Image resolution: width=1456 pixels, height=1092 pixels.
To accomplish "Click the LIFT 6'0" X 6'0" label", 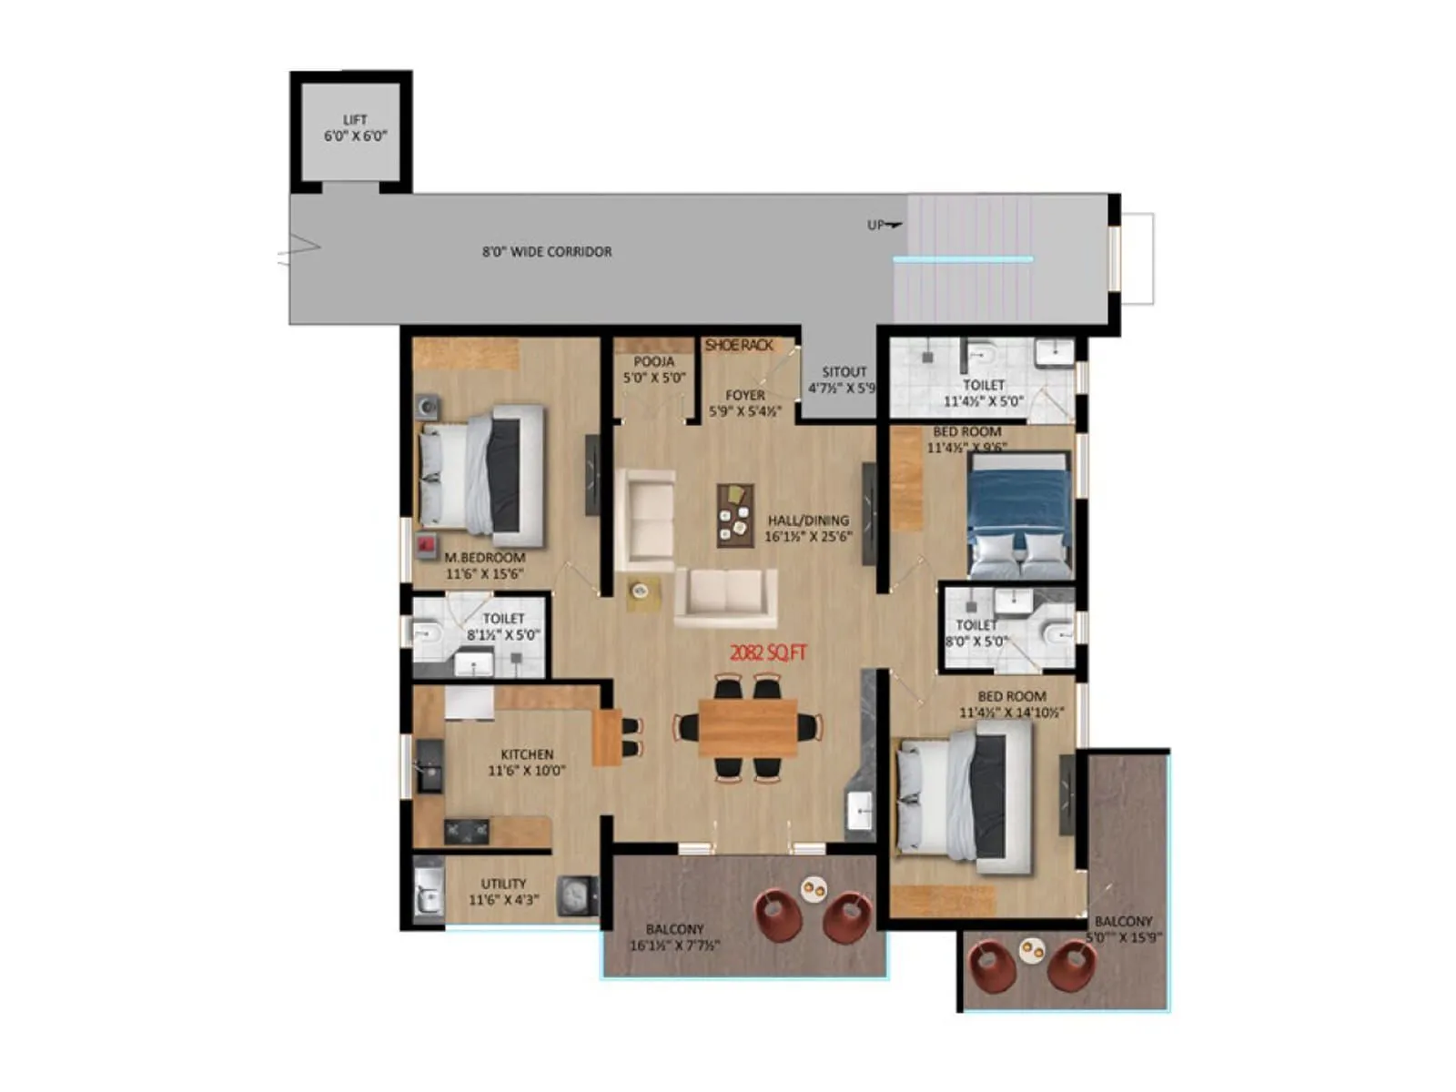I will pyautogui.click(x=355, y=127).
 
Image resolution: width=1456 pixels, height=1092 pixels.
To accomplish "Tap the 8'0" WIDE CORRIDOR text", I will pyautogui.click(x=547, y=251).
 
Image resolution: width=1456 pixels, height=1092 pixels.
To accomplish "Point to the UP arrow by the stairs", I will pyautogui.click(x=884, y=225).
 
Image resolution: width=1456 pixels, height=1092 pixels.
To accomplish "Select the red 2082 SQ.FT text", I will pyautogui.click(x=769, y=652).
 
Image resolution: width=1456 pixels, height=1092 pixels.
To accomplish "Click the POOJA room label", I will pyautogui.click(x=653, y=369).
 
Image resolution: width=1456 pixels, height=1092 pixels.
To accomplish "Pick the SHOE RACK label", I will pyautogui.click(x=739, y=346).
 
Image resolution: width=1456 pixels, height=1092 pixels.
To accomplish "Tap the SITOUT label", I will pyautogui.click(x=844, y=379).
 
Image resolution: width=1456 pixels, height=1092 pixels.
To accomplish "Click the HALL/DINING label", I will pyautogui.click(x=808, y=528).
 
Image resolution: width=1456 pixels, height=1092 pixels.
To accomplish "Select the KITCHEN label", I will pyautogui.click(x=527, y=762).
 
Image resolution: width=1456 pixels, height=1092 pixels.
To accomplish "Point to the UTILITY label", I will pyautogui.click(x=503, y=891).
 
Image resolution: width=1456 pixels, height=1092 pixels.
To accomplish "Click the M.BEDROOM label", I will pyautogui.click(x=484, y=565).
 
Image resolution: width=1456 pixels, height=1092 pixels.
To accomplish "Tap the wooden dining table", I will pyautogui.click(x=748, y=727).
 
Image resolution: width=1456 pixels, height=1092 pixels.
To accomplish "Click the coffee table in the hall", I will pyautogui.click(x=735, y=515).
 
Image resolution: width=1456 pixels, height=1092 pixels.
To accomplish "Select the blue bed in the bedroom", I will pyautogui.click(x=1018, y=515).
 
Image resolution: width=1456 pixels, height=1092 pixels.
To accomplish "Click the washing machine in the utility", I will pyautogui.click(x=576, y=895).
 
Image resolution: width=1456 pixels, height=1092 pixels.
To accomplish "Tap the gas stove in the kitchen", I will pyautogui.click(x=466, y=831).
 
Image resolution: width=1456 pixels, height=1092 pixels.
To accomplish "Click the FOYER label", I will pyautogui.click(x=745, y=402).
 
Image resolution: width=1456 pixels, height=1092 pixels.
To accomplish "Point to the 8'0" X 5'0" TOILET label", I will pyautogui.click(x=976, y=632).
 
